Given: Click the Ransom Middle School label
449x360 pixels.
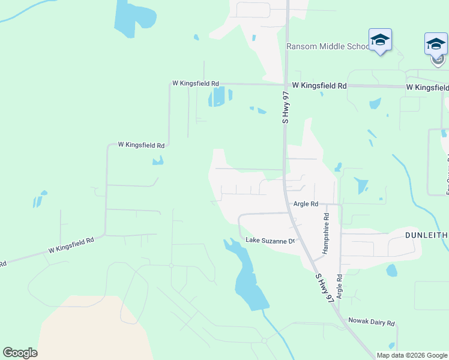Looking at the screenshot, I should coord(328,47).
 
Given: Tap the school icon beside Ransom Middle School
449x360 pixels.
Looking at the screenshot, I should coord(380,41).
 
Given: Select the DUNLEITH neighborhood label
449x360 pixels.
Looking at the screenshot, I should coord(426,235).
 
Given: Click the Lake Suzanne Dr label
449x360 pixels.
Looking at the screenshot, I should coord(271,241).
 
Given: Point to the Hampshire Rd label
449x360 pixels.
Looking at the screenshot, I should coord(326,233).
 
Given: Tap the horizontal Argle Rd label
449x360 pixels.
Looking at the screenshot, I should coord(306,204).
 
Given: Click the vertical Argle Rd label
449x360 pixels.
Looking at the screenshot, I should coord(340,287).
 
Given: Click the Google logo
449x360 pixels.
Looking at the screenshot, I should coord(20,353).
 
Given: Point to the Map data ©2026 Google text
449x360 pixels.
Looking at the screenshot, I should coord(412,355).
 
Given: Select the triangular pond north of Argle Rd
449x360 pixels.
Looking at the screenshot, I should coord(361,185).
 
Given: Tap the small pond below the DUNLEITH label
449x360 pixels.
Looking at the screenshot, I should coord(392,271).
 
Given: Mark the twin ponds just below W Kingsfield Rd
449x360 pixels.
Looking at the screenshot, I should coord(220,96).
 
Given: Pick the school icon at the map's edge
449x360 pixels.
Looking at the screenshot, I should coord(436,46).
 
